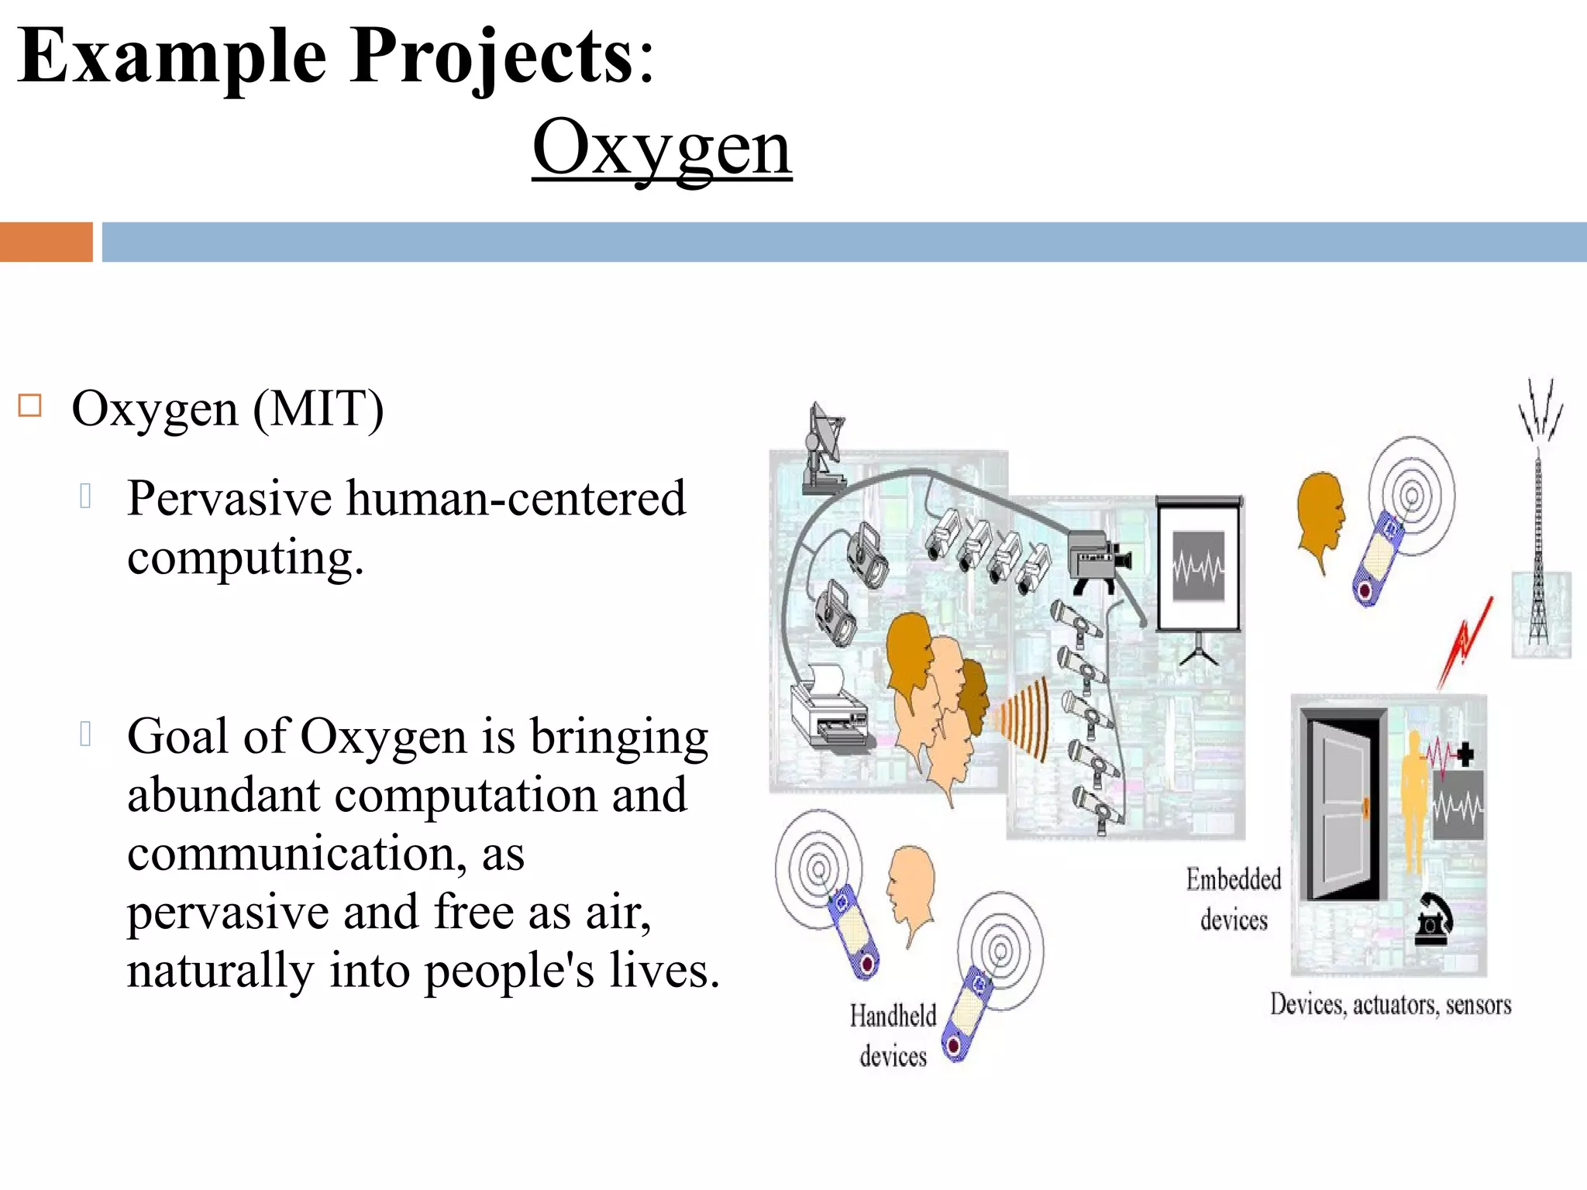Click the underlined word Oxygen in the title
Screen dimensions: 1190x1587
click(x=662, y=147)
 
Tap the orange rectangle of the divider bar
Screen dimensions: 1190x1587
click(x=46, y=242)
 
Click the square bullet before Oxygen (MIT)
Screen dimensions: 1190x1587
click(x=29, y=405)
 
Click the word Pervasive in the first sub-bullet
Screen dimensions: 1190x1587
click(x=230, y=497)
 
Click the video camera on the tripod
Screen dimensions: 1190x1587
click(x=1098, y=558)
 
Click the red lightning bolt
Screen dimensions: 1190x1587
click(x=1465, y=642)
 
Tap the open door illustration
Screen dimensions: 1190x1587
click(x=1344, y=805)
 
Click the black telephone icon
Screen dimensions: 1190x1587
click(x=1433, y=921)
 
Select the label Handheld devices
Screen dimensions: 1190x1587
click(x=893, y=1035)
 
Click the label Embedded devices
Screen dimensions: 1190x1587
click(x=1234, y=899)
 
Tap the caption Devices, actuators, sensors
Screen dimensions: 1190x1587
click(x=1390, y=1005)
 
